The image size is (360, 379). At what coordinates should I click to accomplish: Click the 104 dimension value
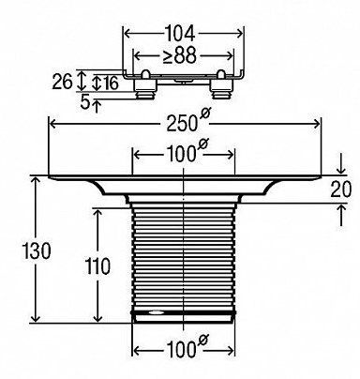pos(180,34)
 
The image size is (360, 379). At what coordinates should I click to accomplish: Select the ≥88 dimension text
pos(180,55)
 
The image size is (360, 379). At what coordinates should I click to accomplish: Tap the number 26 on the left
pos(62,82)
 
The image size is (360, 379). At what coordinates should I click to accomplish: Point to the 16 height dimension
pos(111,83)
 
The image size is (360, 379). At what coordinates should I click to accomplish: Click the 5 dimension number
pos(84,101)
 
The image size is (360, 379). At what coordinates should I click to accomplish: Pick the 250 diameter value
pos(182,123)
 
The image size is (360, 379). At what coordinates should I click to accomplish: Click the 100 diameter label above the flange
pos(181,154)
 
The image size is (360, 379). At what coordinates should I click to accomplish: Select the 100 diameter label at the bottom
pos(181,349)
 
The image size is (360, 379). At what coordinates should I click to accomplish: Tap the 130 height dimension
pos(37,250)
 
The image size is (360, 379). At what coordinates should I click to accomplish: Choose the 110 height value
pos(98,266)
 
